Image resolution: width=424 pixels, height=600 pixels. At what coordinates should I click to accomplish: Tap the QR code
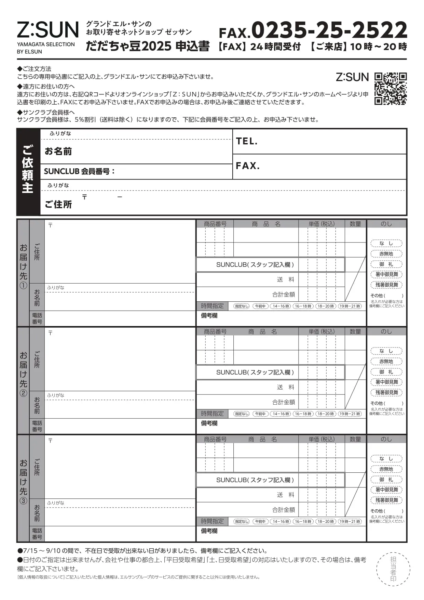390,89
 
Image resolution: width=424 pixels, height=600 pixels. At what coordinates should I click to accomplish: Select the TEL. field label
247,141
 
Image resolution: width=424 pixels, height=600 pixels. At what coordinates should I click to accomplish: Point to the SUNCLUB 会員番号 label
79,171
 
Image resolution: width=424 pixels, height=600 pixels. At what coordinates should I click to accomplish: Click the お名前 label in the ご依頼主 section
58,151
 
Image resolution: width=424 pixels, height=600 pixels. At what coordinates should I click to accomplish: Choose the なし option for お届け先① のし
386,244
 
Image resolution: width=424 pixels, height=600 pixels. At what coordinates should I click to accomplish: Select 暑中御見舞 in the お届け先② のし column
386,382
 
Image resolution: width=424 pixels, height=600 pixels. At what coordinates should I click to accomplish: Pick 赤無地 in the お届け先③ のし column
386,469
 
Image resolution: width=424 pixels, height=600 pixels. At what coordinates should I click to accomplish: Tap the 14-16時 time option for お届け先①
281,306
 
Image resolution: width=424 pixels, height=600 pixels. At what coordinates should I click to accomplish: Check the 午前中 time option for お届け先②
260,414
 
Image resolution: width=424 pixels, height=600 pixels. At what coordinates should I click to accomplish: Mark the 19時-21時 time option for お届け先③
350,522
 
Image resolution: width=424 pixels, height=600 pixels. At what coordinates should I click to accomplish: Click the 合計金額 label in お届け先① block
283,295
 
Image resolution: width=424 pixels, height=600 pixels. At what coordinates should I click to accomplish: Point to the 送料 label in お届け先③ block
286,495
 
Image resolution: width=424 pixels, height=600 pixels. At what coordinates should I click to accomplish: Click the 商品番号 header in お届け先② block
215,332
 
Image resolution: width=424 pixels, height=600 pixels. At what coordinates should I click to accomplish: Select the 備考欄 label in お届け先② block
209,423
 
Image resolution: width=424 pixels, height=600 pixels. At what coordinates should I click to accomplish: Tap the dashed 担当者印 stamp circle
393,569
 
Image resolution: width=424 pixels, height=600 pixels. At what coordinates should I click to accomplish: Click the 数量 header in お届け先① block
355,224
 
